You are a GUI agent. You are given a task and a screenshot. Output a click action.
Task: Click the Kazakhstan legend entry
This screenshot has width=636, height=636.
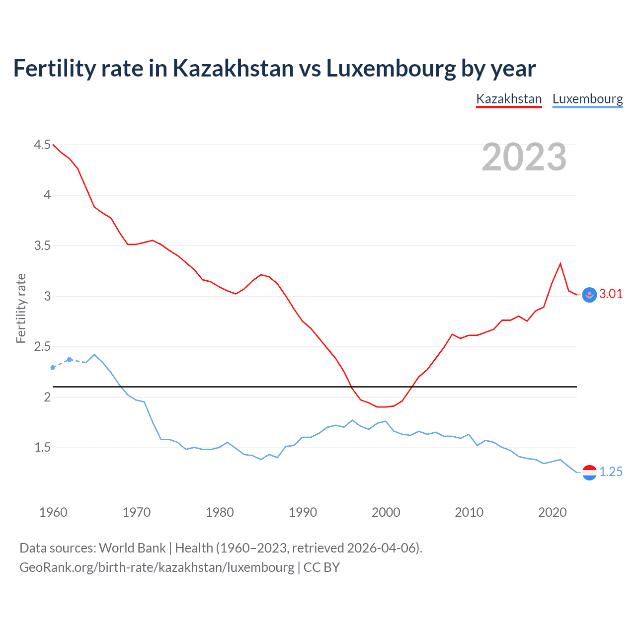click(509, 99)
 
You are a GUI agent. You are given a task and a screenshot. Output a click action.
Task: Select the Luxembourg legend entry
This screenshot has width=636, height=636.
click(587, 99)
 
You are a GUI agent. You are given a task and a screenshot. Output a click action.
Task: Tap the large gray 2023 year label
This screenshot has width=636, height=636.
click(524, 157)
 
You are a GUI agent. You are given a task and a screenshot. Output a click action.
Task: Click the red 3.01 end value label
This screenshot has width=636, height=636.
click(611, 294)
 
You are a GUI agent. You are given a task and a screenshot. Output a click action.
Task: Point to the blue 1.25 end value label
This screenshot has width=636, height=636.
click(611, 472)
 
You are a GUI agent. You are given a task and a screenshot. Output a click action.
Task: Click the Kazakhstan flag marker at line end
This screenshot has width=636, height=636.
click(589, 295)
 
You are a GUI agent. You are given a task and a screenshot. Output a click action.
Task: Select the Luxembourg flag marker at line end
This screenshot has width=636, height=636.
click(589, 472)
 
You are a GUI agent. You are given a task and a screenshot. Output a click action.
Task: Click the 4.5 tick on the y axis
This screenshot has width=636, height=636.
click(42, 145)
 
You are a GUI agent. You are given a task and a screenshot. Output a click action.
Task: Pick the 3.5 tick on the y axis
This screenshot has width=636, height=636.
click(42, 245)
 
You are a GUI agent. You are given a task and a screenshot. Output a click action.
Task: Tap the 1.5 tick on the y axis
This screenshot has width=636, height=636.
click(42, 447)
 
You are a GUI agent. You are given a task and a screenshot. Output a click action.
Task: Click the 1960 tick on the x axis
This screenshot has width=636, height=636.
click(53, 512)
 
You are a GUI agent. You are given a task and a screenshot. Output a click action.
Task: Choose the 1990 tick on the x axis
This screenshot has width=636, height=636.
click(303, 512)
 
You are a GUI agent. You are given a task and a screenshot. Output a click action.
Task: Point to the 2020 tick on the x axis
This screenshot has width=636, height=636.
click(552, 512)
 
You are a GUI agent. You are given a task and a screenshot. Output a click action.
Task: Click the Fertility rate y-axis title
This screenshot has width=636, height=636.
click(21, 308)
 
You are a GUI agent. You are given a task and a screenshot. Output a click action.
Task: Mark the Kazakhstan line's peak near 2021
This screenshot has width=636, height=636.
click(560, 263)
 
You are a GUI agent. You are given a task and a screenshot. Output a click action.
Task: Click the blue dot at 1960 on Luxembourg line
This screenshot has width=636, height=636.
click(53, 368)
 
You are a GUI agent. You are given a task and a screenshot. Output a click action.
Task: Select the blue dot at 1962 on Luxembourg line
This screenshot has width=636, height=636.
click(70, 359)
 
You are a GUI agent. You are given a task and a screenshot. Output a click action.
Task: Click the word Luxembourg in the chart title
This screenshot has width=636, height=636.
click(391, 69)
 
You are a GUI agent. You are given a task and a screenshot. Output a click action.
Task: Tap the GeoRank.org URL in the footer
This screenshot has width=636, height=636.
click(157, 567)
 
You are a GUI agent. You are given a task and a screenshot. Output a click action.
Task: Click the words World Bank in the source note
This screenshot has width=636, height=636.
click(132, 548)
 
